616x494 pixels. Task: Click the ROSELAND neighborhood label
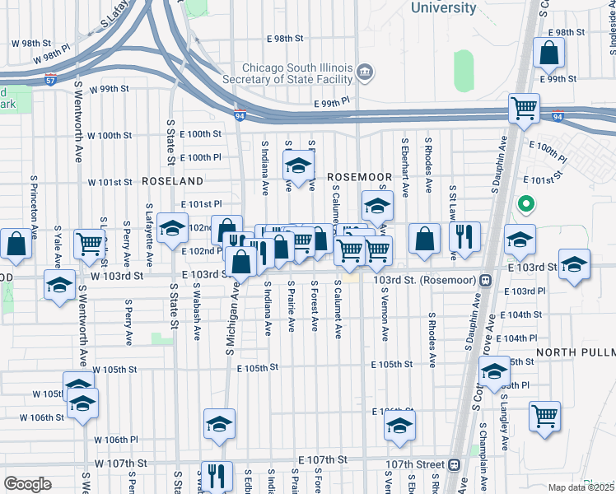(x=172, y=179)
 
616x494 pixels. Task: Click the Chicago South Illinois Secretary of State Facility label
(x=296, y=73)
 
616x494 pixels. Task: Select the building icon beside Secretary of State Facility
(x=363, y=79)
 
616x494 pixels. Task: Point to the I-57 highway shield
(x=50, y=80)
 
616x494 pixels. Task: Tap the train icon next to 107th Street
(x=455, y=464)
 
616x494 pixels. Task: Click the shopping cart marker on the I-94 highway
(x=524, y=108)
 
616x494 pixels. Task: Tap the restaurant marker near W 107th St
(x=217, y=474)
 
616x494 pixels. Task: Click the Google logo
(x=27, y=484)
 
